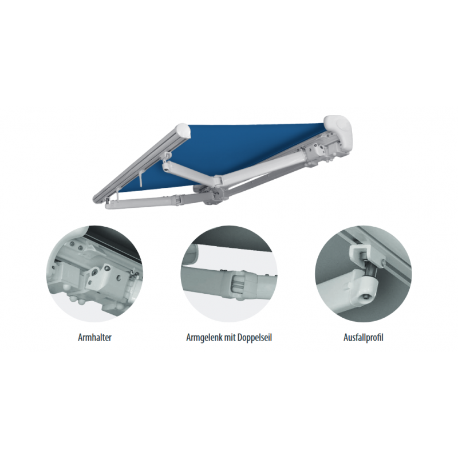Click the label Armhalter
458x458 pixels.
tap(94, 337)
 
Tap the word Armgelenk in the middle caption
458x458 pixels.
tap(204, 338)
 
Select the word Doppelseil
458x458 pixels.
tap(254, 338)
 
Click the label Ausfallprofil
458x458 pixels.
tap(364, 338)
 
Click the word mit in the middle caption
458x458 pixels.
tap(230, 337)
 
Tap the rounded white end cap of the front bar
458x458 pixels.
tap(183, 131)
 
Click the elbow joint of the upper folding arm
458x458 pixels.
tap(218, 181)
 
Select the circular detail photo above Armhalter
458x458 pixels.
tap(94, 274)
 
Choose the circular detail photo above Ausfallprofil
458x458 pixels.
tap(364, 274)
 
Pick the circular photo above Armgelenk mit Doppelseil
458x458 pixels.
tap(229, 274)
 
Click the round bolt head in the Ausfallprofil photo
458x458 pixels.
tap(365, 298)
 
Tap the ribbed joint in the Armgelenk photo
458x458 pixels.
tap(239, 284)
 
